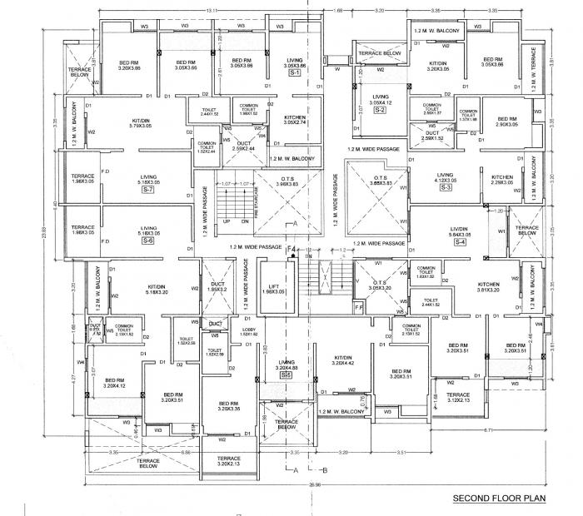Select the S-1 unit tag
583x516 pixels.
click(294, 74)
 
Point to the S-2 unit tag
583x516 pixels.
click(380, 110)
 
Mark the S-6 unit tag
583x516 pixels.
click(148, 241)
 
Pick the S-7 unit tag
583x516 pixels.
click(148, 190)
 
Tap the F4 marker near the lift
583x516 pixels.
click(291, 249)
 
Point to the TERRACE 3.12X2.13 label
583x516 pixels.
click(458, 397)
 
